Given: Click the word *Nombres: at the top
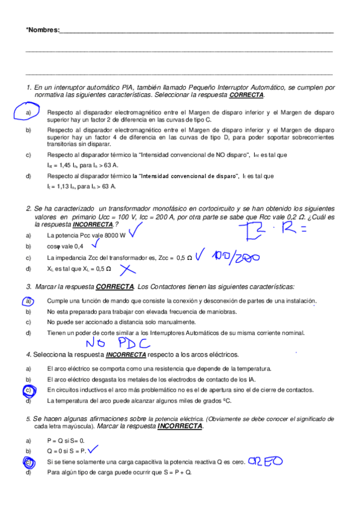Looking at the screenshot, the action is point(43,29).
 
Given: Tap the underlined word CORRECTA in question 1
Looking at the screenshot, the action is point(246,95).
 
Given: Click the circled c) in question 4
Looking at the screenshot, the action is point(28,390).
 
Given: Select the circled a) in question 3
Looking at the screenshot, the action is point(28,301).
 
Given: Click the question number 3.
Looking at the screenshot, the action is point(29,287).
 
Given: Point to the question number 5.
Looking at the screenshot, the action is point(28,419).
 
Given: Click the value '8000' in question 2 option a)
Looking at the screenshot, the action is point(111,235).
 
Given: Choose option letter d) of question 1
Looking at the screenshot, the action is point(28,176).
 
